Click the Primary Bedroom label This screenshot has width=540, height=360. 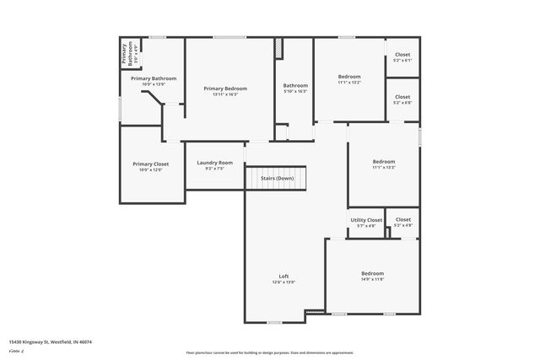[225, 89]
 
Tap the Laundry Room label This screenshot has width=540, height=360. [214, 163]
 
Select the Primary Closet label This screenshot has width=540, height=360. [150, 164]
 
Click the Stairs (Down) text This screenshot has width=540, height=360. [277, 179]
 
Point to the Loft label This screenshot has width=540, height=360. [284, 277]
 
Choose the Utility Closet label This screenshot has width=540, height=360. [366, 220]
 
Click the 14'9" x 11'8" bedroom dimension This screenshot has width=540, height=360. [372, 279]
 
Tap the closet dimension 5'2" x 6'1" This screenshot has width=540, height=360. [402, 60]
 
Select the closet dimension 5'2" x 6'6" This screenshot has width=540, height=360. [402, 103]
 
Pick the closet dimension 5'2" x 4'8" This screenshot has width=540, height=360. [402, 225]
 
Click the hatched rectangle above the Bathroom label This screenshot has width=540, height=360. [279, 49]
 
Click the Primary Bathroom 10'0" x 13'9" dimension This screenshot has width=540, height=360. [153, 84]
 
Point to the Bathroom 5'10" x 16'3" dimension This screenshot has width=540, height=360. [295, 91]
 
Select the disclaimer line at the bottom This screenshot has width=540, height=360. [270, 352]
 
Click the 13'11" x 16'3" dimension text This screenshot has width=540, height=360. [225, 94]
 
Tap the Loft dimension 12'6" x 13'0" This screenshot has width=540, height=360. [284, 282]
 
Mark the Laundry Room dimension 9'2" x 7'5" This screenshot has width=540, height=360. [214, 169]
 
